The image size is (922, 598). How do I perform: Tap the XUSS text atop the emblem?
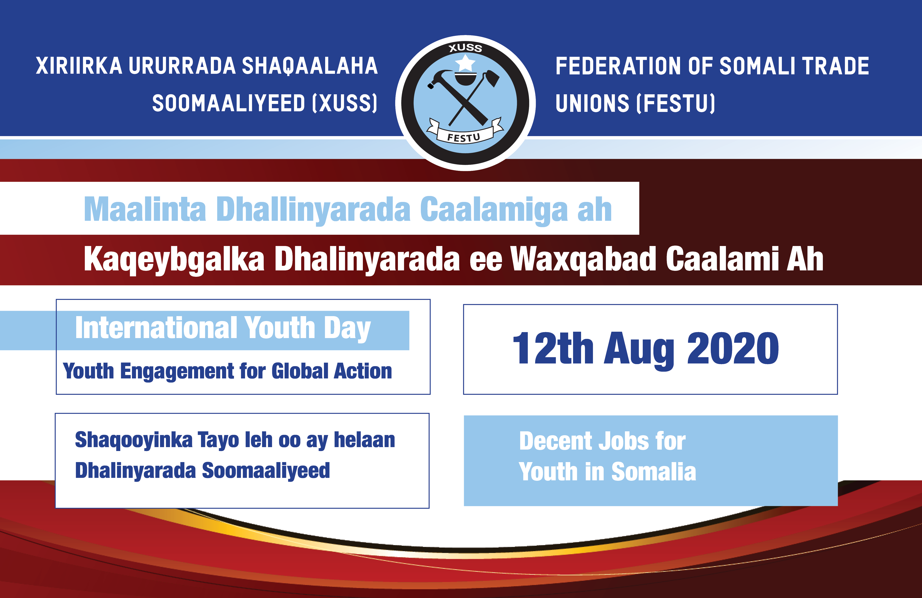(x=465, y=48)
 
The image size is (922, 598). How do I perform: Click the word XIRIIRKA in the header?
(x=79, y=66)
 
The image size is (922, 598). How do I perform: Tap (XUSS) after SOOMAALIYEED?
(x=345, y=104)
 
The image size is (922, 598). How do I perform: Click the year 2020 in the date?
(x=733, y=349)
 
